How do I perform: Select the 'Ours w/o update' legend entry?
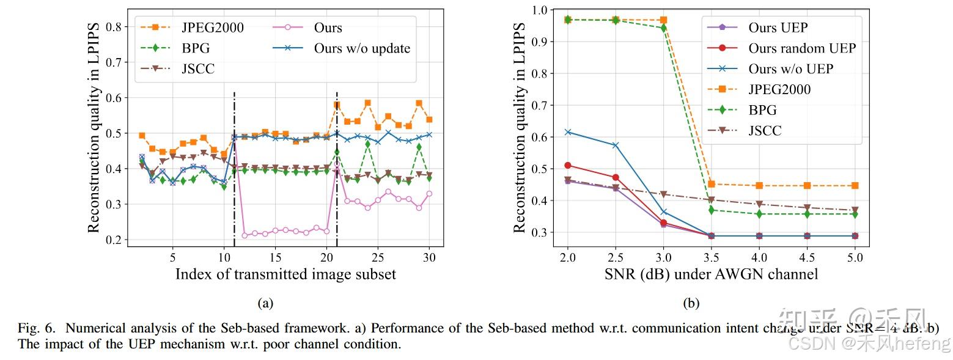(361, 48)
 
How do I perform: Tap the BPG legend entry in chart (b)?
(762, 110)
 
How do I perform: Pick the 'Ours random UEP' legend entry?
(801, 48)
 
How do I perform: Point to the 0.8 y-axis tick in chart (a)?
(113, 27)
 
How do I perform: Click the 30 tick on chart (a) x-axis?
(429, 257)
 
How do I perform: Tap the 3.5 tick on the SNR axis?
(711, 257)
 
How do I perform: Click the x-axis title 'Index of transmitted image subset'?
(285, 274)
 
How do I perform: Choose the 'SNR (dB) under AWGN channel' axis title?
(711, 274)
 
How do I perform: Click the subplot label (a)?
(265, 303)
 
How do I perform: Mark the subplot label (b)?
(690, 303)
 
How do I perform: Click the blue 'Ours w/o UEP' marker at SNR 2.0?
(568, 132)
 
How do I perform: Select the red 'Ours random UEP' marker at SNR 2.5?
(616, 177)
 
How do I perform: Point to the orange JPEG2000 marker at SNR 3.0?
(663, 20)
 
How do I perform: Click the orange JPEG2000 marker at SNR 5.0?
(855, 185)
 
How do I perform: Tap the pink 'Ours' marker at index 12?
(245, 235)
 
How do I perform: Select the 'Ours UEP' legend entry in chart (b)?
(778, 28)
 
